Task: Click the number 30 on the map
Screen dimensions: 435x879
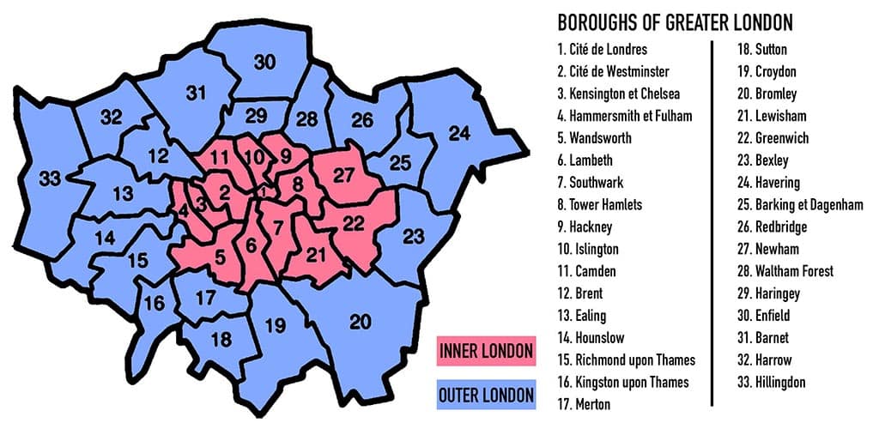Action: tap(264, 61)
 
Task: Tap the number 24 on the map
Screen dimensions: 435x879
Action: tap(460, 133)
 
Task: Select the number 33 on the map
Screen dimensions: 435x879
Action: tap(50, 179)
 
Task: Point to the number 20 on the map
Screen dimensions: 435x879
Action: tap(361, 322)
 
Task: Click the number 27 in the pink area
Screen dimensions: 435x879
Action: tap(343, 176)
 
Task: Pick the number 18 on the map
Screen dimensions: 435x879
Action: tap(221, 340)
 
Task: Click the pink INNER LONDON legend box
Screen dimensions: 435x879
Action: tap(486, 351)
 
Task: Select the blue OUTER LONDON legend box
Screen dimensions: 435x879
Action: tap(486, 396)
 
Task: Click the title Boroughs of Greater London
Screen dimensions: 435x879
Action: tap(675, 21)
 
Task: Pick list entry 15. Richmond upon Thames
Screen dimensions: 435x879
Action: tap(626, 359)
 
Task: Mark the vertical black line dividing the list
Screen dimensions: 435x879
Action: tap(712, 223)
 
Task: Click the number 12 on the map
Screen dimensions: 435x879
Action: tap(157, 156)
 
